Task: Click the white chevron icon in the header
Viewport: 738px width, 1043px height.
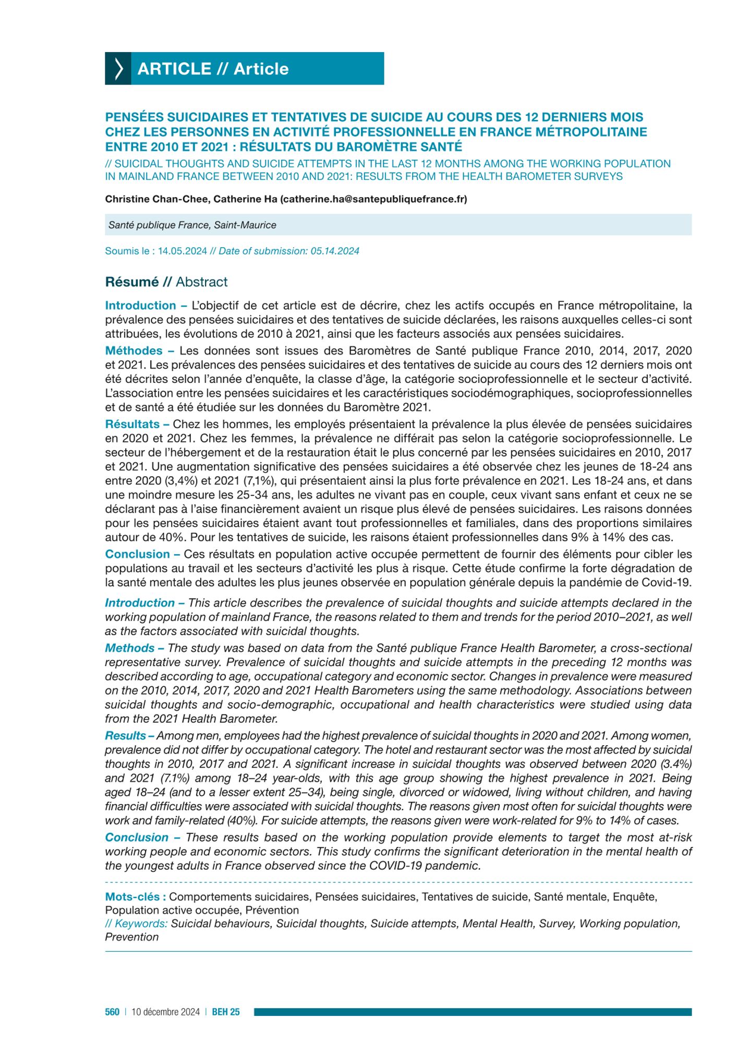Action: coord(118,69)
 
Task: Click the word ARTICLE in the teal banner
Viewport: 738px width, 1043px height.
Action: coord(174,69)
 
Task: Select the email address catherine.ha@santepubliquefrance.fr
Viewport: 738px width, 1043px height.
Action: coord(373,199)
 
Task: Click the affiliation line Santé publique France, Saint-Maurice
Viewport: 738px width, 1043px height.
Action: coord(192,225)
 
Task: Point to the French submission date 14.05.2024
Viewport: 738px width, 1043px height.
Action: coord(183,251)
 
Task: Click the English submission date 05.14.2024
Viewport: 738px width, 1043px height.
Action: coord(335,251)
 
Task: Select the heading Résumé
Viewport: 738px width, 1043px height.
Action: coord(131,282)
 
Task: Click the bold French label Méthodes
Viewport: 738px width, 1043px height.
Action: coord(134,351)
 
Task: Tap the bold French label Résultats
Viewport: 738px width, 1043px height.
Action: coord(132,425)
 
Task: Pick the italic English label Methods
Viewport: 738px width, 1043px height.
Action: coord(130,648)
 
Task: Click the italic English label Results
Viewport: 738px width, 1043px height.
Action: coord(125,736)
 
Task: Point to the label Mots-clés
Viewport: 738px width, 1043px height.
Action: coord(135,897)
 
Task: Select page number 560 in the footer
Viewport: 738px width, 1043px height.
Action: coord(112,1012)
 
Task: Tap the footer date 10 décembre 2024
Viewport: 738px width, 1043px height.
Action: coord(165,1012)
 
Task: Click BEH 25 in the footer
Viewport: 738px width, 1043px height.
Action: coord(226,1012)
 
